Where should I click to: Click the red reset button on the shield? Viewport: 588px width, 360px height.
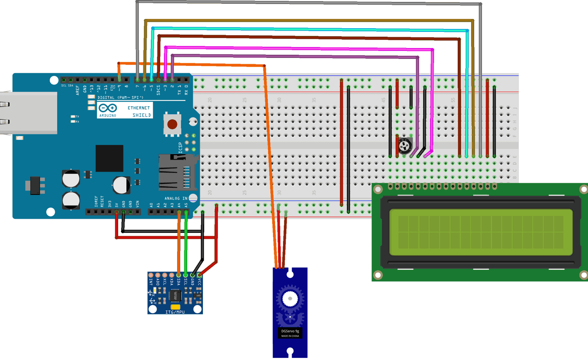pos(172,124)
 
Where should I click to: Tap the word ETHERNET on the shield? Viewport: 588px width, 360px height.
pos(138,108)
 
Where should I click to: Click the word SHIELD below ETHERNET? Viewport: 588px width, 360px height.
pos(142,115)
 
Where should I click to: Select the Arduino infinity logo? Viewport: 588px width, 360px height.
pos(108,108)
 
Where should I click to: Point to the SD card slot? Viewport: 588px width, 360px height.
pos(176,172)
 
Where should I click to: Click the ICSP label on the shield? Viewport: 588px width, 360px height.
pos(180,148)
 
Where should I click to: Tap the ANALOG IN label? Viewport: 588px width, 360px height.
pos(176,198)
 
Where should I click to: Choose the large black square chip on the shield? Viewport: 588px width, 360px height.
pos(109,158)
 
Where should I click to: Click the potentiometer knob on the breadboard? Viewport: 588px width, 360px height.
pos(405,146)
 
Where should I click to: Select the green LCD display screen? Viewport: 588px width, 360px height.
pos(481,232)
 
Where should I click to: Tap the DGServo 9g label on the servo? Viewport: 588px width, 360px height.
pos(290,331)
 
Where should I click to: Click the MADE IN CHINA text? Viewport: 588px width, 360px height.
pos(290,336)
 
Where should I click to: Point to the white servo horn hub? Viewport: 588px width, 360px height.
pos(290,299)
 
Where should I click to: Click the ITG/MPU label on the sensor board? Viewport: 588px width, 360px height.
pos(175,312)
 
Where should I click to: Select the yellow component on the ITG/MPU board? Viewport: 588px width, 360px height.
pos(175,307)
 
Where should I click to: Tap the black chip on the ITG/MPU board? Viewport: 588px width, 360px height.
pos(175,296)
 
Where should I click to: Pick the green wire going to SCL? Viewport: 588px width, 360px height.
pos(186,242)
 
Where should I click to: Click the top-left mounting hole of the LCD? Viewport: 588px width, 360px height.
pos(378,189)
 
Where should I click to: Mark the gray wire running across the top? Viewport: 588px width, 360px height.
pos(307,3)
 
